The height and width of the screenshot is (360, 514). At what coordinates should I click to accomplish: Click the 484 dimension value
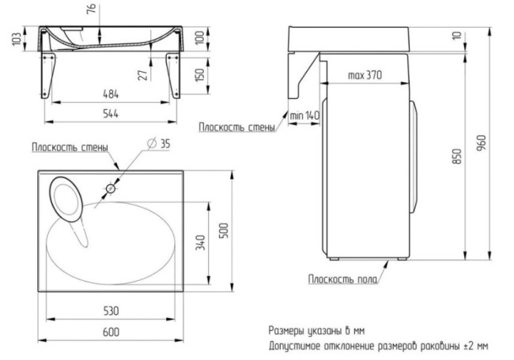[111, 94]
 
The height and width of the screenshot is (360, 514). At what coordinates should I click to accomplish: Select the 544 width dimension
[111, 113]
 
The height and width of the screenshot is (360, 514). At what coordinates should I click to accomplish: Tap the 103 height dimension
[17, 39]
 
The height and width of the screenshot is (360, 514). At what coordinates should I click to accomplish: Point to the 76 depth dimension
[92, 8]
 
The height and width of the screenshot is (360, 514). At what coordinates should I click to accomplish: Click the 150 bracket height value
[199, 74]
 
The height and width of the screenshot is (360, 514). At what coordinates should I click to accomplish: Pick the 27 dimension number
[142, 75]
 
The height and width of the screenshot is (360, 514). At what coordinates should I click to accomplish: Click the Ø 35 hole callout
[159, 143]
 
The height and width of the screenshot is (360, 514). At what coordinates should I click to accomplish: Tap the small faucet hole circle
[111, 188]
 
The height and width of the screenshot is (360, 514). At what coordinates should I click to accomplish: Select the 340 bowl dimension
[200, 242]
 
